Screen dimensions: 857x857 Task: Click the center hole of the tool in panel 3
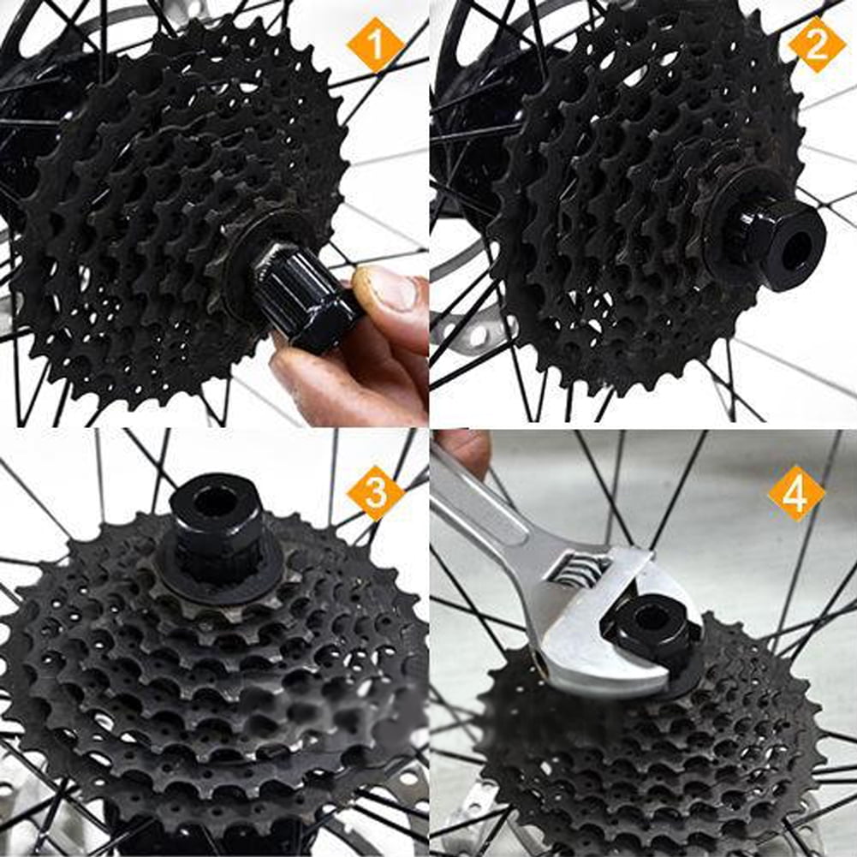tap(217, 500)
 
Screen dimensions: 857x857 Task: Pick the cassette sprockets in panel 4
tap(651, 762)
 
